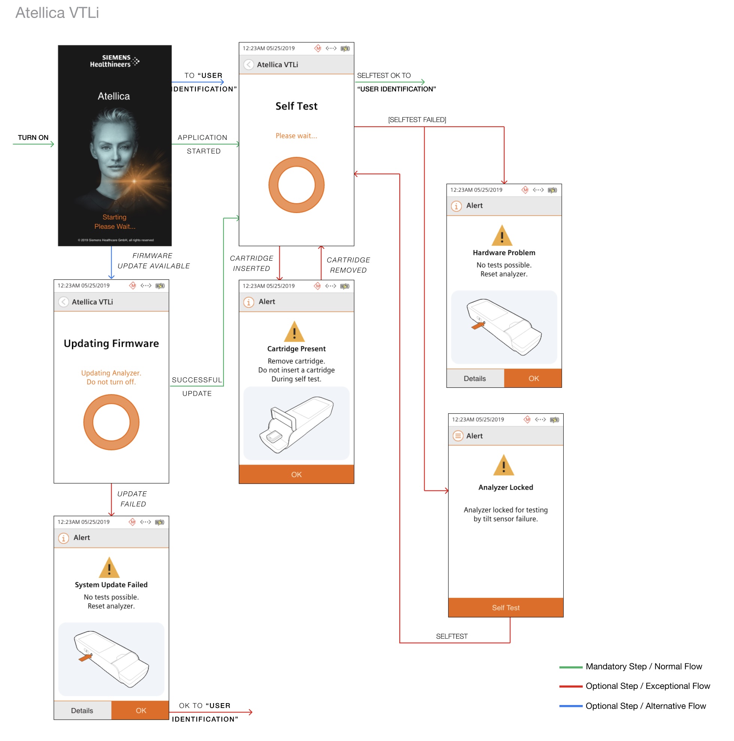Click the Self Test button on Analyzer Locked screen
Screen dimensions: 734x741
point(506,607)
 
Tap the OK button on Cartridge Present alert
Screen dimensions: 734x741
point(296,474)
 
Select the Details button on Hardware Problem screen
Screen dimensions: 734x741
point(475,378)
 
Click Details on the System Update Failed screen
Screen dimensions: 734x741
point(82,711)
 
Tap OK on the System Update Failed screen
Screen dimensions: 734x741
point(140,711)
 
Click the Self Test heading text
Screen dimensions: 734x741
point(297,106)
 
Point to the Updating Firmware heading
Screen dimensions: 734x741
point(111,343)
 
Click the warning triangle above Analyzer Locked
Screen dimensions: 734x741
point(503,465)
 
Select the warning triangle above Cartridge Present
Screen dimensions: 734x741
point(294,331)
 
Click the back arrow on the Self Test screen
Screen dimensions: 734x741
point(249,65)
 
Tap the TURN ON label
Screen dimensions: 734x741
point(33,138)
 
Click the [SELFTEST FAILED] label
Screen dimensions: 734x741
point(417,120)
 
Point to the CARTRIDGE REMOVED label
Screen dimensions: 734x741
point(348,265)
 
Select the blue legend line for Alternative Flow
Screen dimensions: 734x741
point(571,706)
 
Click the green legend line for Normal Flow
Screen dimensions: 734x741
point(571,667)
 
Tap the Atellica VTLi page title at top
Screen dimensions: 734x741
point(57,13)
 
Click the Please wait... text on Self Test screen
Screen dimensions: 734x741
point(297,136)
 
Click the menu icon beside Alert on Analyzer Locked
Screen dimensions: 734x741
point(458,436)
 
